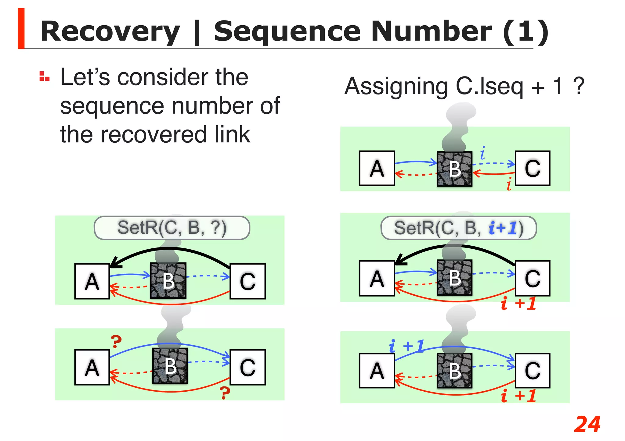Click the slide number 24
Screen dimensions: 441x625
click(587, 424)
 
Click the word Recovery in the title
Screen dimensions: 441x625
click(110, 31)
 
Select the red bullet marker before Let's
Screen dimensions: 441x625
click(44, 76)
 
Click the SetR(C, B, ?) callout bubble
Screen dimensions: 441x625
click(172, 228)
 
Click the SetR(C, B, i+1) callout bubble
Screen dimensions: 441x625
click(458, 228)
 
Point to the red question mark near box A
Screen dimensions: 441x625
click(116, 341)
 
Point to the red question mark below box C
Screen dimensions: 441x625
click(225, 393)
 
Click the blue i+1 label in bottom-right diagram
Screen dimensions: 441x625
click(406, 347)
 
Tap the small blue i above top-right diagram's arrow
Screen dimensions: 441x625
click(482, 153)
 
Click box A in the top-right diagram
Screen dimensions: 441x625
click(377, 168)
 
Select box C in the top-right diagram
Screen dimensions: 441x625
click(532, 168)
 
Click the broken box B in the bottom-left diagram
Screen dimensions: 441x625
click(170, 366)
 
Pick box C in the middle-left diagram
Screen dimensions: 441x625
click(247, 281)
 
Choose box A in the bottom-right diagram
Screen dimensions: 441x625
click(377, 371)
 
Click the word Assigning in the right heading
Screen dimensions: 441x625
click(396, 86)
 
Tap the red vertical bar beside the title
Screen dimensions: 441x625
click(21, 28)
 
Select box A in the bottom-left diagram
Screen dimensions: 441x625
click(92, 367)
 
